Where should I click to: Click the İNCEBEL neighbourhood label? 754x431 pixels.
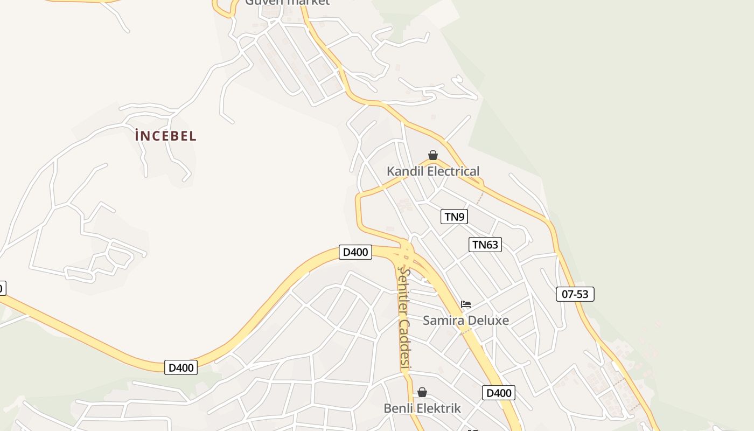point(166,136)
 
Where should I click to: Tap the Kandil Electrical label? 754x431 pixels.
point(433,171)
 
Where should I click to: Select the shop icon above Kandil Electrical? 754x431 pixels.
point(433,156)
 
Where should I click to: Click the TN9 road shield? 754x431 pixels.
point(455,217)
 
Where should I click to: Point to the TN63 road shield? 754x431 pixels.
point(485,245)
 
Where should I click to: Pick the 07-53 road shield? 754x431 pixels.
point(575,294)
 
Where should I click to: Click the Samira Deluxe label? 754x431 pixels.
point(466,320)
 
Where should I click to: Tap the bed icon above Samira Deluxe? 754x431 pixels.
point(466,304)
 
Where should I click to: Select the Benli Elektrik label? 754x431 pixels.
point(422,408)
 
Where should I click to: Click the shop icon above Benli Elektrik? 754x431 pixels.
point(422,392)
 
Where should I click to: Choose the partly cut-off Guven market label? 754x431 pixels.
point(287,3)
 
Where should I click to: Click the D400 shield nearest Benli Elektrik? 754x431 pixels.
point(499,393)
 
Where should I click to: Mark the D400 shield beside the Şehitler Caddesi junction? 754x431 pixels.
point(355,252)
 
